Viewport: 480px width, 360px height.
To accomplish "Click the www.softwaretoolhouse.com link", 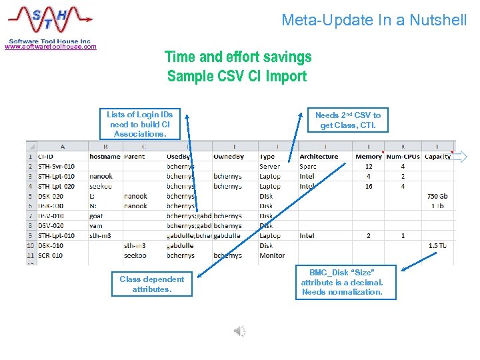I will [x=51, y=47].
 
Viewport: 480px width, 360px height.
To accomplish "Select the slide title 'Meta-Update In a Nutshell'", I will [x=374, y=20].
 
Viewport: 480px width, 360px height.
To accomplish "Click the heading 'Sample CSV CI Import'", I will [x=237, y=76].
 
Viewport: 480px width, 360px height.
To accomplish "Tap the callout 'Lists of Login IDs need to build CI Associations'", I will [x=139, y=125].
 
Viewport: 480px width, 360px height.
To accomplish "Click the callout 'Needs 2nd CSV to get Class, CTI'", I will [x=347, y=120].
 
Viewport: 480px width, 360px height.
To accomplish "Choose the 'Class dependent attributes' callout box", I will [x=151, y=284].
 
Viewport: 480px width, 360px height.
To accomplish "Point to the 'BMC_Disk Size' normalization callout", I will [x=345, y=282].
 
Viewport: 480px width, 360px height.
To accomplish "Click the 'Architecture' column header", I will [x=319, y=157].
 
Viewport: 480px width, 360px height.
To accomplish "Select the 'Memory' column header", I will [x=369, y=157].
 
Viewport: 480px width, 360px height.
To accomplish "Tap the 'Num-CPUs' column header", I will [x=403, y=157].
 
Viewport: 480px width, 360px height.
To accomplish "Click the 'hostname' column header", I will [x=105, y=157].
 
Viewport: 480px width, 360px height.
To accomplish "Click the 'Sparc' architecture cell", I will [x=308, y=167].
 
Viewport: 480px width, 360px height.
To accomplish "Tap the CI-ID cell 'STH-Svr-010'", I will [x=57, y=167].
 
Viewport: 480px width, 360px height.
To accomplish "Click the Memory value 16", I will [x=369, y=187].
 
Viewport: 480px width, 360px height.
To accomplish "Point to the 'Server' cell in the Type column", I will [x=270, y=167].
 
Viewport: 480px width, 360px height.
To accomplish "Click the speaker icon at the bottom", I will [x=239, y=331].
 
